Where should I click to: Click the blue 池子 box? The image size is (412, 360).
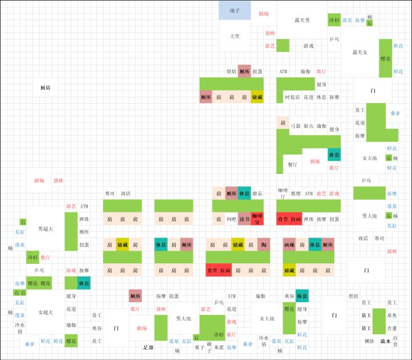pyautogui.click(x=235, y=10)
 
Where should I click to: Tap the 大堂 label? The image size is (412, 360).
pyautogui.click(x=235, y=36)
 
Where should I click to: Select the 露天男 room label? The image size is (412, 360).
pyautogui.click(x=302, y=20)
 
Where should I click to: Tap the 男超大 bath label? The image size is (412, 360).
pyautogui.click(x=45, y=229)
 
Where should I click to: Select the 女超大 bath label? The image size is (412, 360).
pyautogui.click(x=45, y=312)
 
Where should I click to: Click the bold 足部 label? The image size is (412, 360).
pyautogui.click(x=148, y=347)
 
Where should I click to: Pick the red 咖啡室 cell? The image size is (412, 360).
pyautogui.click(x=257, y=219)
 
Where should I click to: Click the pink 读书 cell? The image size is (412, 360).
pyautogui.click(x=244, y=219)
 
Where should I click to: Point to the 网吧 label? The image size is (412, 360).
pyautogui.click(x=231, y=219)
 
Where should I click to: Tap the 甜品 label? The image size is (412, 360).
pyautogui.click(x=257, y=193)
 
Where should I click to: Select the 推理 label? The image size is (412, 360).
pyautogui.click(x=295, y=193)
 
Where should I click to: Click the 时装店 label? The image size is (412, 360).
pyautogui.click(x=292, y=97)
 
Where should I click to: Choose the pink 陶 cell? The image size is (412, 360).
pyautogui.click(x=263, y=244)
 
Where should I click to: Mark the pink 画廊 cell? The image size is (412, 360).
pyautogui.click(x=289, y=244)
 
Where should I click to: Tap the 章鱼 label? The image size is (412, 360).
pyautogui.click(x=391, y=315)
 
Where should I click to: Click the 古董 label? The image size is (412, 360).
pyautogui.click(x=391, y=328)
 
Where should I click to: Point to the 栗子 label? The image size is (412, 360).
pyautogui.click(x=199, y=347)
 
